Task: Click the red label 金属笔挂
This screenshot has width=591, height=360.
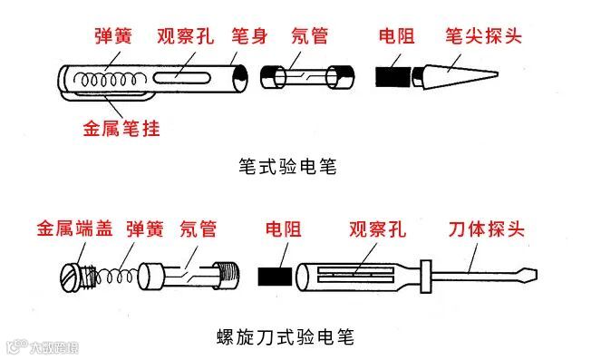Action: [x=121, y=129]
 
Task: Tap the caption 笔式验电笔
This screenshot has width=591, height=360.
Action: [x=287, y=166]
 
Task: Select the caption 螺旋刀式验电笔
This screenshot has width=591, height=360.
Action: [x=286, y=336]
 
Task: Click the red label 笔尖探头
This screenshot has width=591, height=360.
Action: [x=483, y=36]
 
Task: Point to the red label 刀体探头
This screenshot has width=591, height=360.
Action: [x=486, y=229]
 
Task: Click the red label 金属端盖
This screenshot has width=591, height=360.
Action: [x=74, y=229]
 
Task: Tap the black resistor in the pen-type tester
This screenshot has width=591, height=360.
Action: [x=392, y=76]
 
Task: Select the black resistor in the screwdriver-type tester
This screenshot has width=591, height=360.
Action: [x=275, y=277]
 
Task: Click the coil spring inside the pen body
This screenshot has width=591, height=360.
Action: [x=110, y=80]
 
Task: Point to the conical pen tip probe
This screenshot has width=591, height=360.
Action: [x=455, y=76]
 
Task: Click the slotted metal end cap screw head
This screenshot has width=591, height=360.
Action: [x=70, y=277]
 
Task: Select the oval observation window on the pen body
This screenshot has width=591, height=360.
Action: [x=181, y=77]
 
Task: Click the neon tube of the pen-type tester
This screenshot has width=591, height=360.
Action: [x=307, y=77]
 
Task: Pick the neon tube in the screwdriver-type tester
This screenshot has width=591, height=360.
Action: [x=189, y=277]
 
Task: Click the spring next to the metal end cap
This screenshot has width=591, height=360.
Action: [x=115, y=277]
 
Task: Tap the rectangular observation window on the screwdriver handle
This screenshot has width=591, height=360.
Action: [x=356, y=275]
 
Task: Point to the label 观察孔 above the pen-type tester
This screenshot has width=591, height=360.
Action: [x=185, y=36]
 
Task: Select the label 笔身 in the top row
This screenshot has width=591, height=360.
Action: [x=249, y=36]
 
